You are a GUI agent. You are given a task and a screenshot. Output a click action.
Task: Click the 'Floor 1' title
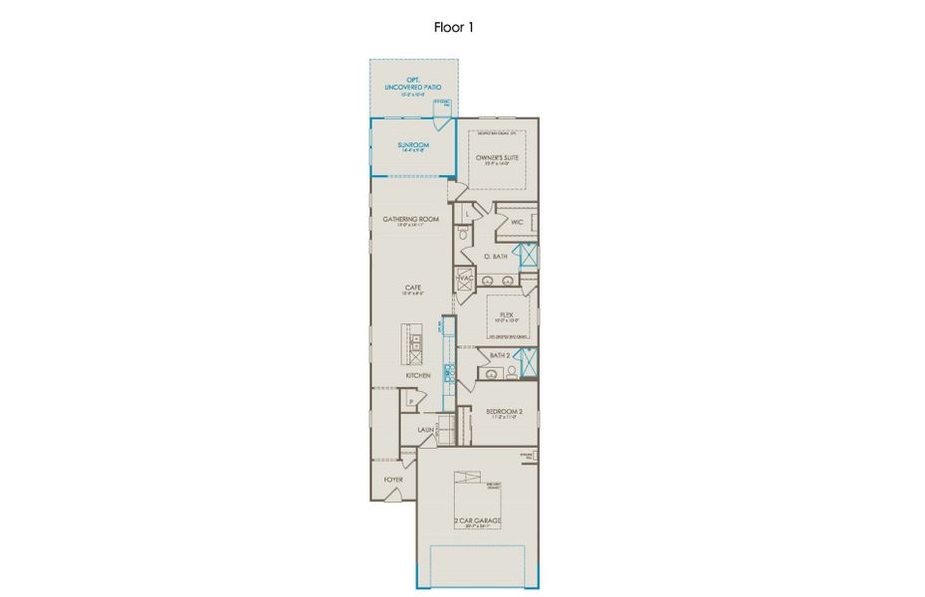tap(453, 27)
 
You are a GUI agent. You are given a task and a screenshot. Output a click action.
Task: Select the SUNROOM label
tap(412, 145)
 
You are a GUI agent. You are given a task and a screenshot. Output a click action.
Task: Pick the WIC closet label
tap(517, 222)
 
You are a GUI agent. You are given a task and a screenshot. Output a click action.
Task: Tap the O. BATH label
tap(496, 257)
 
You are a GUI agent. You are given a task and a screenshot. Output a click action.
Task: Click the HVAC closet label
tap(464, 279)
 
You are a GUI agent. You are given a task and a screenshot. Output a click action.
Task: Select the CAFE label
tap(412, 288)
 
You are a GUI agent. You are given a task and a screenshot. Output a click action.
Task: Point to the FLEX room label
tap(506, 314)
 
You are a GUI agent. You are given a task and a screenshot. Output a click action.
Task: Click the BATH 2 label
tap(499, 354)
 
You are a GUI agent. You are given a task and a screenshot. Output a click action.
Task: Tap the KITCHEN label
tap(418, 375)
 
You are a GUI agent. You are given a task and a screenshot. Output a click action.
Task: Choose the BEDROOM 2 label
tap(504, 411)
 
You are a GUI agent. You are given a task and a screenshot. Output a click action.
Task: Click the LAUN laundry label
tap(425, 431)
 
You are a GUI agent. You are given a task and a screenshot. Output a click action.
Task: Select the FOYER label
tap(394, 480)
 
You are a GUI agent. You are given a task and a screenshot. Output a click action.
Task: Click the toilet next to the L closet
tap(464, 235)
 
